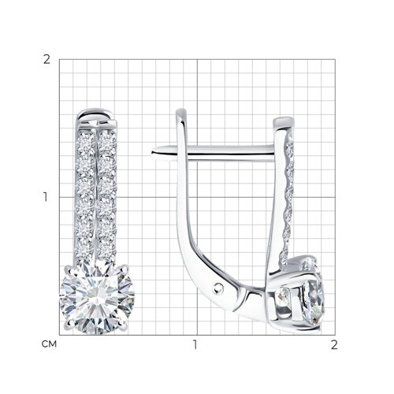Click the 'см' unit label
[49, 344]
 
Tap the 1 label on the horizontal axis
[195, 344]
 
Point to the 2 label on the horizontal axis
[334, 344]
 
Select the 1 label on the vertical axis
[46, 197]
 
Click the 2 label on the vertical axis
[46, 60]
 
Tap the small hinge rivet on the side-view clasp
[217, 288]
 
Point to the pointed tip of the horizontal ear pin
[152, 152]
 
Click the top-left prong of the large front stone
[69, 269]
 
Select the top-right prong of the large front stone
[125, 268]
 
